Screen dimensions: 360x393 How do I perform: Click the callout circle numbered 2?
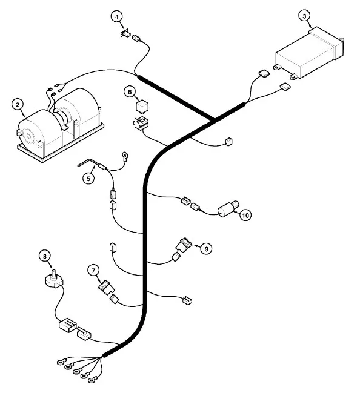(18, 105)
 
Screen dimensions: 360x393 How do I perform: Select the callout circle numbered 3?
(304, 16)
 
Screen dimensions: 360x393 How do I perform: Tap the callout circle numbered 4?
(117, 17)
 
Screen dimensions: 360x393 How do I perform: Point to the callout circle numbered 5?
(88, 179)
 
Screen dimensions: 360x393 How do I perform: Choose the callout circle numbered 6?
(130, 92)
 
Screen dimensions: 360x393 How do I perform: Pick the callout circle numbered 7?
(93, 271)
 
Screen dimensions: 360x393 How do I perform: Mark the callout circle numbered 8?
(45, 256)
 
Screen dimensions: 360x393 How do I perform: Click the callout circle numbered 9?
(207, 249)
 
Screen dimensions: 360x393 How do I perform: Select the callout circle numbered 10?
(245, 216)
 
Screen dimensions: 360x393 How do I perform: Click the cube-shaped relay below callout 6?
(142, 107)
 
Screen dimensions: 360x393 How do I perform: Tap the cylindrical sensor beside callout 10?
(227, 209)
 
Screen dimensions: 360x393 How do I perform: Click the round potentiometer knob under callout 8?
(54, 279)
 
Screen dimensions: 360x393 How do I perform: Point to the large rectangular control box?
(310, 53)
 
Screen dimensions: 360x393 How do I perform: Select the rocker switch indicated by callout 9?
(184, 245)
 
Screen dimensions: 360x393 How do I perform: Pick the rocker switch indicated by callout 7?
(107, 288)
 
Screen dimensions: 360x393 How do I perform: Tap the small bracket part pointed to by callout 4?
(125, 33)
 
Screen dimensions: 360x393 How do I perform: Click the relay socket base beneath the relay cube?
(141, 123)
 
